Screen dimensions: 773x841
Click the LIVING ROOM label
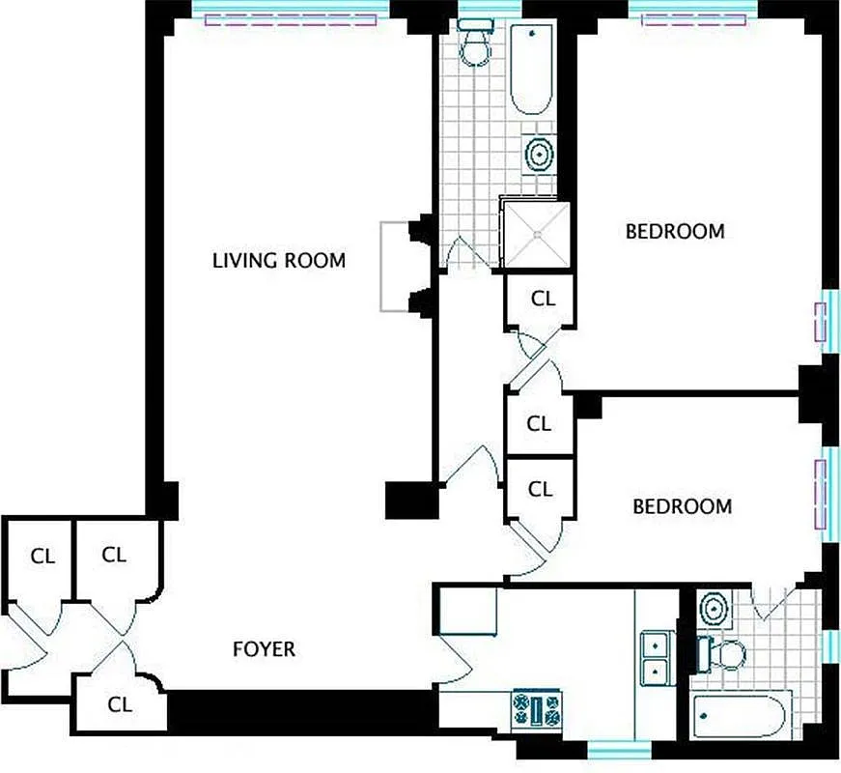tap(278, 261)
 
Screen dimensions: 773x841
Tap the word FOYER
tap(265, 649)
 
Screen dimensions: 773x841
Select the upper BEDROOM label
tap(675, 232)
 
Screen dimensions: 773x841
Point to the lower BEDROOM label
tap(682, 506)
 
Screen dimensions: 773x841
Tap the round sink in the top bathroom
tap(539, 153)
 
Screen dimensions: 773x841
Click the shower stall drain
tap(534, 232)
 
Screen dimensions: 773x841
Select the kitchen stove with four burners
tap(536, 709)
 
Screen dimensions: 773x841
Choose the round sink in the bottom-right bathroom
tap(714, 609)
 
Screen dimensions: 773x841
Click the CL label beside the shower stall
tap(544, 300)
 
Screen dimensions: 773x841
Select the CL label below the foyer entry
tap(120, 704)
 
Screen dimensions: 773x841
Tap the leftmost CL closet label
tap(42, 557)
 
